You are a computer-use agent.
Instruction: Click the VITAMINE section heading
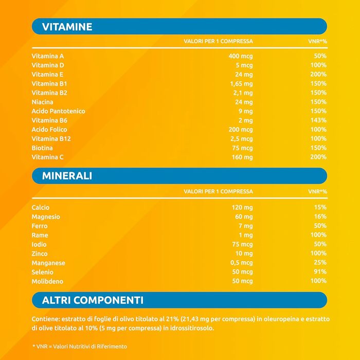click(x=67, y=27)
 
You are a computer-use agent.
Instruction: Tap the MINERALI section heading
click(x=67, y=176)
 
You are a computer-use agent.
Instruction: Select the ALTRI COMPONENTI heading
click(x=93, y=300)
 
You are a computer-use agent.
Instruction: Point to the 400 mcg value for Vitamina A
click(x=241, y=56)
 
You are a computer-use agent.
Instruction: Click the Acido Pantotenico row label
click(x=58, y=111)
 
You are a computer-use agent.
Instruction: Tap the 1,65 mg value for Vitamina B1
click(x=241, y=83)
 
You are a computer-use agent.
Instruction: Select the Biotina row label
click(x=42, y=148)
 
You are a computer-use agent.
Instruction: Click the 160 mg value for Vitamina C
click(x=242, y=157)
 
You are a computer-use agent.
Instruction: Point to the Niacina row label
click(x=42, y=102)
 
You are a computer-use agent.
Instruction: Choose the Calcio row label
click(x=41, y=207)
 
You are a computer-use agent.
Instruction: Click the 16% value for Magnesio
click(x=320, y=217)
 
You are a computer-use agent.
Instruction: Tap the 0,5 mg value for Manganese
click(x=241, y=263)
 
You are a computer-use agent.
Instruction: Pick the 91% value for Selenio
click(x=320, y=272)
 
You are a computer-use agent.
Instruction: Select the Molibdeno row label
click(x=47, y=281)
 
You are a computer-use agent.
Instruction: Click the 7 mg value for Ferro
click(x=245, y=226)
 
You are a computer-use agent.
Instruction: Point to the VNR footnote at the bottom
click(x=79, y=346)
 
